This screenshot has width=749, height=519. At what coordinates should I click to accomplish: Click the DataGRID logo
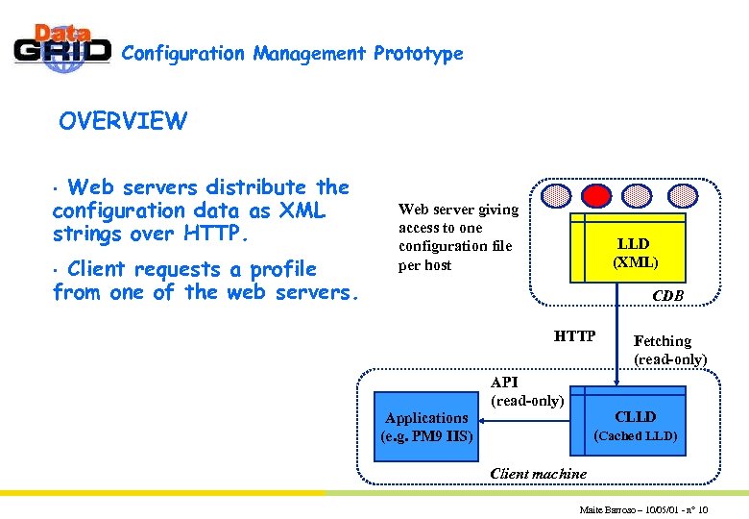click(62, 47)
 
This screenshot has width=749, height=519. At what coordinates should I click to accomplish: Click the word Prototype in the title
click(418, 54)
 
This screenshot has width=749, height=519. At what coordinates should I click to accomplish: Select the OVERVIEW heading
click(123, 121)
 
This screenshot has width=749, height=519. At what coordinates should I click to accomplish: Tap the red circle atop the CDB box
click(597, 196)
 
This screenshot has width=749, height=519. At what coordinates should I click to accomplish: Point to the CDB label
click(667, 296)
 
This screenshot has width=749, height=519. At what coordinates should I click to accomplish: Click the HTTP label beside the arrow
click(574, 336)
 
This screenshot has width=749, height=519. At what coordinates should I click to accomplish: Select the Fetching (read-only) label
click(669, 350)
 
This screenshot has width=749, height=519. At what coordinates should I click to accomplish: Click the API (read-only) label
click(526, 391)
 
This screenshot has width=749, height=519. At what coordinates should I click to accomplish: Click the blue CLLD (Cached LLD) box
click(635, 426)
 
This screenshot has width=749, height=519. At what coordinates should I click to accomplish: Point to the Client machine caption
click(538, 473)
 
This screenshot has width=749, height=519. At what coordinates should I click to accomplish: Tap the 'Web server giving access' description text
click(458, 236)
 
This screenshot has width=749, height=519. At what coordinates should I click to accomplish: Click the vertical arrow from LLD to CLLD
click(616, 336)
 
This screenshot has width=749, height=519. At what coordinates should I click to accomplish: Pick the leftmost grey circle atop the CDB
click(555, 196)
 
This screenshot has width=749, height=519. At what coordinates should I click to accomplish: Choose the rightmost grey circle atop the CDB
click(682, 196)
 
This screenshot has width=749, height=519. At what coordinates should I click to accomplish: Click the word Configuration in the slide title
click(183, 54)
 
